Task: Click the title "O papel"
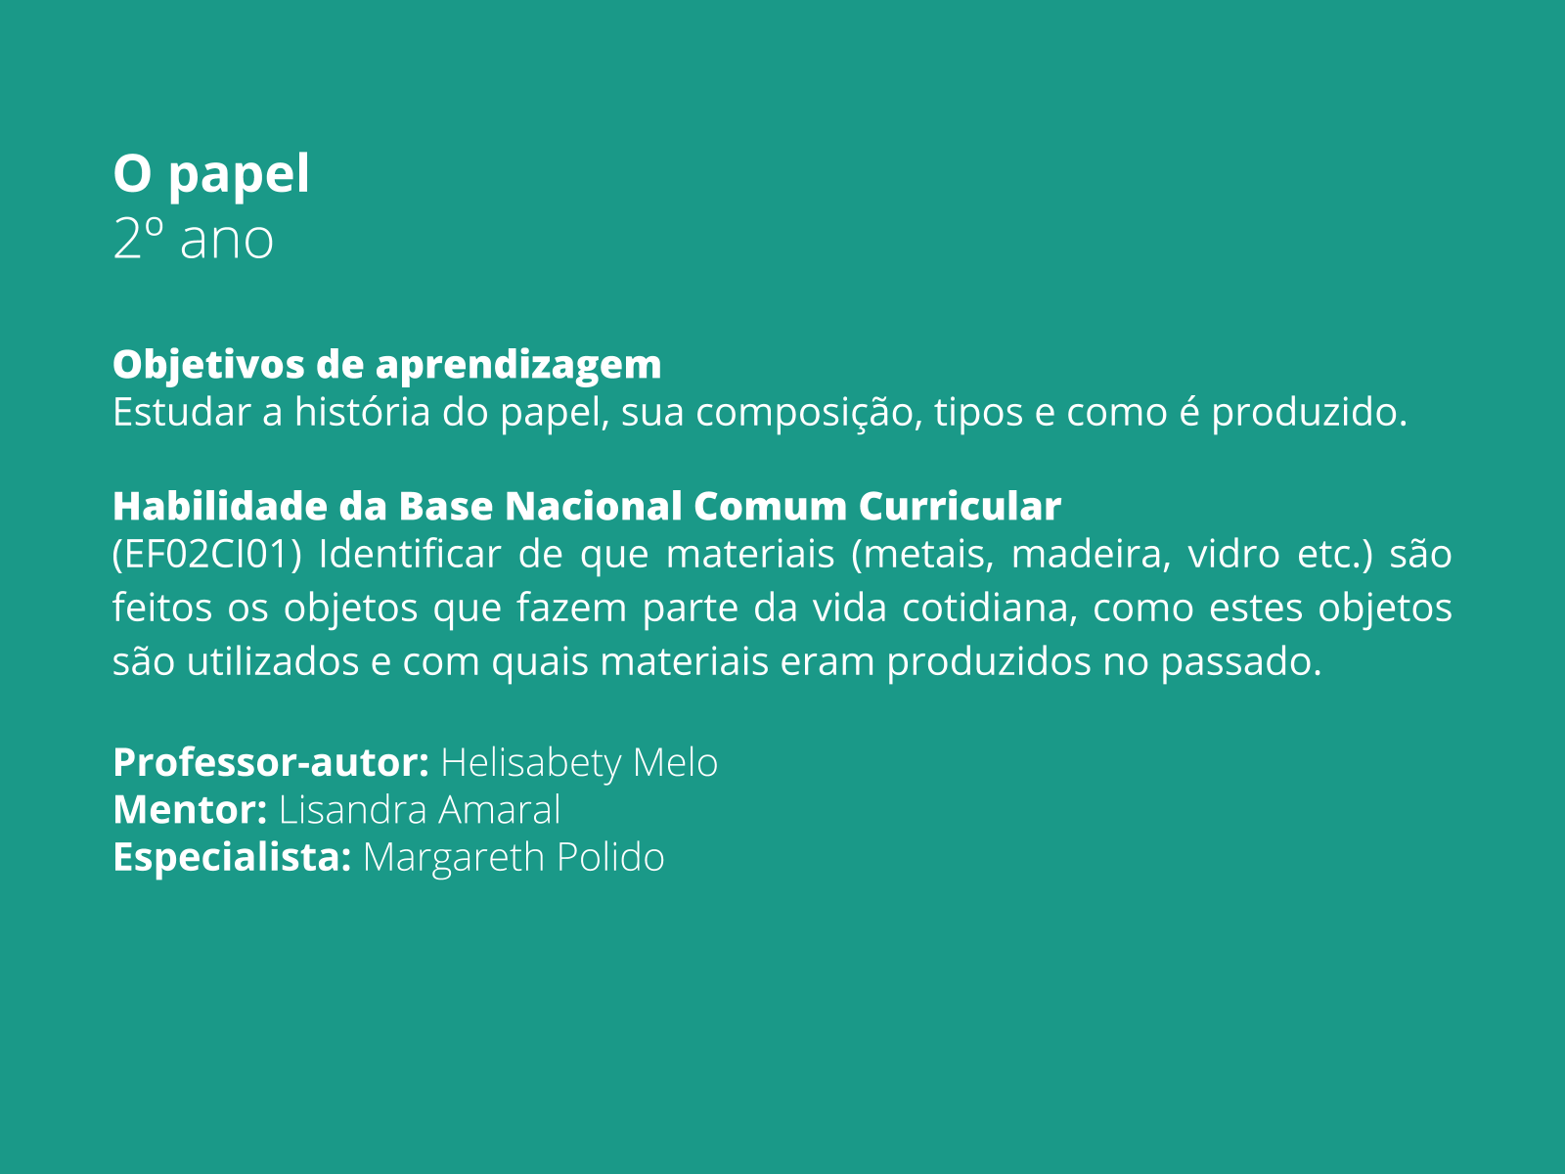[x=211, y=174]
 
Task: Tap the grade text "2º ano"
[x=193, y=240]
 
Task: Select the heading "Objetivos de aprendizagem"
[x=386, y=364]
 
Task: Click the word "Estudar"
[x=182, y=412]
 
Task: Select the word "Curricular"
[x=960, y=506]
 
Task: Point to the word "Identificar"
[x=409, y=555]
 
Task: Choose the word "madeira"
[x=1090, y=555]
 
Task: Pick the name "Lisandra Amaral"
[x=420, y=810]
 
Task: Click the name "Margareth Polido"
[x=514, y=857]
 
